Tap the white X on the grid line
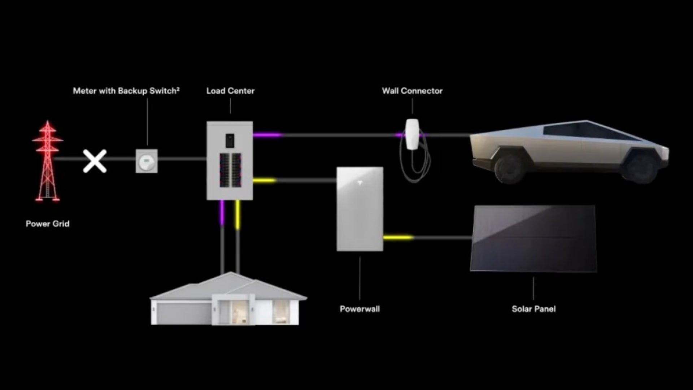click(95, 161)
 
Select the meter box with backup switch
click(147, 161)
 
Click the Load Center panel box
click(230, 161)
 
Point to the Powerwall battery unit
click(360, 209)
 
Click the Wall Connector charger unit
click(412, 134)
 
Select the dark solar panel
click(533, 239)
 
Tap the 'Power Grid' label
click(48, 224)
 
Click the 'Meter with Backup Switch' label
click(126, 91)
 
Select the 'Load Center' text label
click(230, 91)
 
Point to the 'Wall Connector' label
click(412, 91)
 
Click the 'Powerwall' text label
click(360, 309)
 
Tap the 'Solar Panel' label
click(533, 309)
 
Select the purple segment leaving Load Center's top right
click(267, 135)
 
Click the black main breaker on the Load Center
click(230, 140)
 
